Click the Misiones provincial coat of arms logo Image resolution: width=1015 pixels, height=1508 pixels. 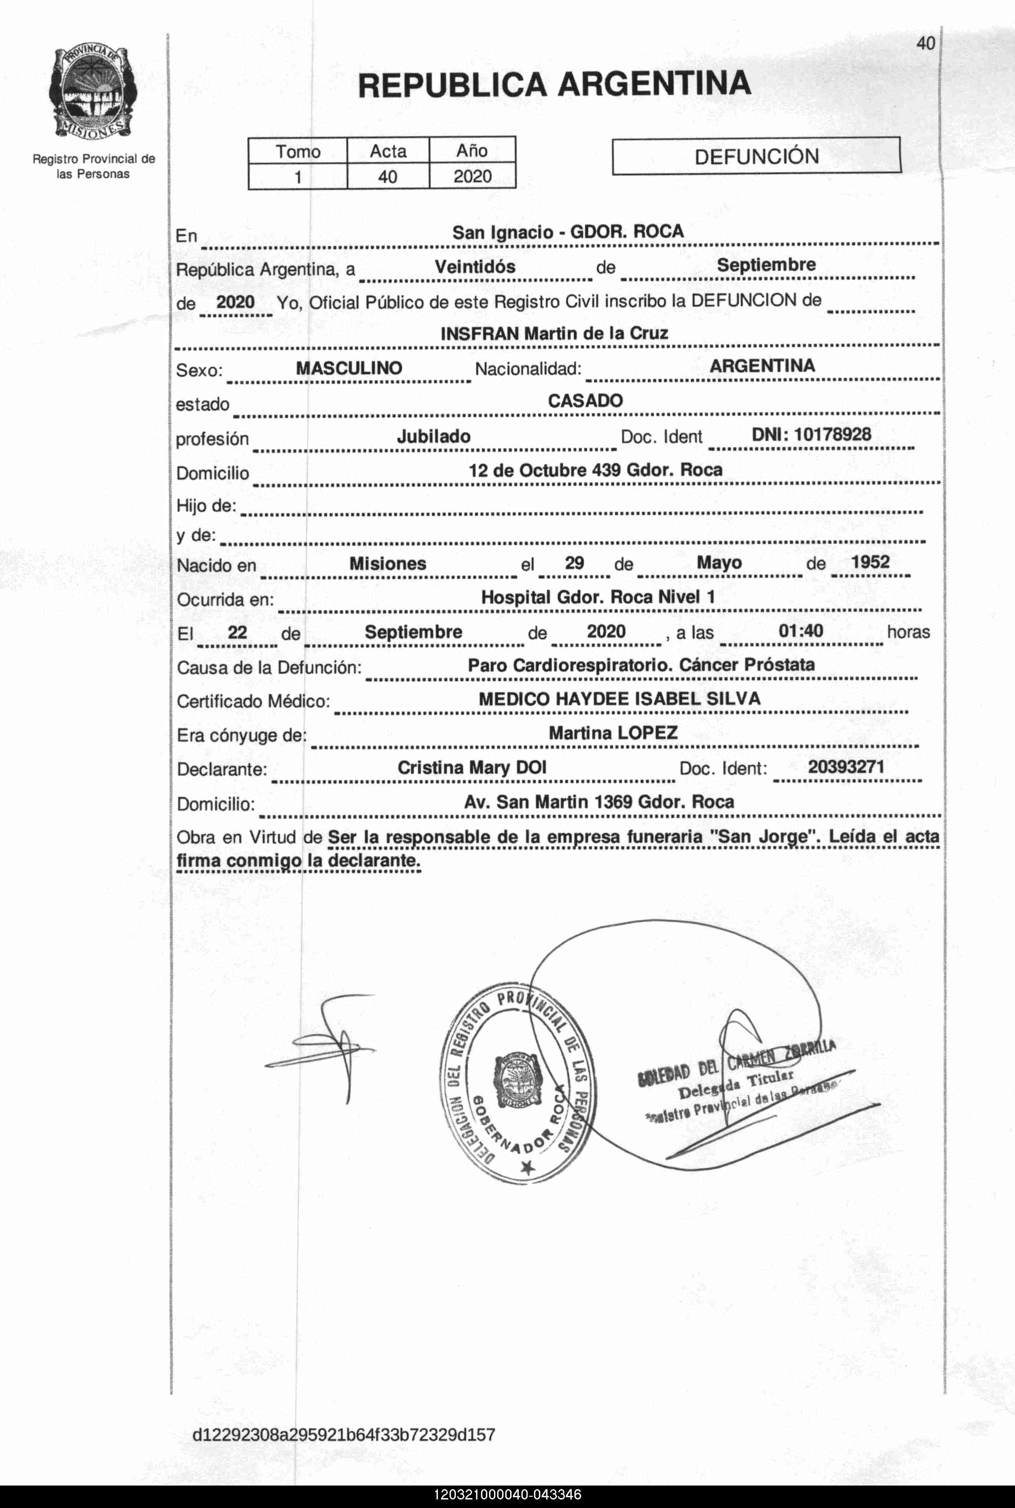pos(92,93)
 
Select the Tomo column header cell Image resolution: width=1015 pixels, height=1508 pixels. pos(298,151)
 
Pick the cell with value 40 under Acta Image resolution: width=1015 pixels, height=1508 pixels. pos(388,176)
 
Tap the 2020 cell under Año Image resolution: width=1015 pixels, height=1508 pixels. pos(472,176)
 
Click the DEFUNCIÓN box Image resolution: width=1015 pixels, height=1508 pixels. pos(756,156)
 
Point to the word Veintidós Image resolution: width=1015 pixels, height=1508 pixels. pos(475,267)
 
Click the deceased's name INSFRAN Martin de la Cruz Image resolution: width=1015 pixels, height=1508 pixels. pos(554,333)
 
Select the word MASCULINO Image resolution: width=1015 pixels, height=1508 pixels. pos(349,368)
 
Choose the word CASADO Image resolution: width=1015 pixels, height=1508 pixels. pos(585,401)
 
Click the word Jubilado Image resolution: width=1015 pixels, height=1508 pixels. pos(434,436)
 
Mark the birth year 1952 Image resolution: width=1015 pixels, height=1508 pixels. pos(871,562)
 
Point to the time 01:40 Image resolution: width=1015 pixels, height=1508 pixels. pos(801,631)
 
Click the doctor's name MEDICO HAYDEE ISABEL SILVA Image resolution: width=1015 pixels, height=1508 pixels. pos(619,699)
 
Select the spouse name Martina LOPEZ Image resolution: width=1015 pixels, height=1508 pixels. pos(613,733)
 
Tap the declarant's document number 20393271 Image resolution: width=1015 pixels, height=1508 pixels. pos(846,767)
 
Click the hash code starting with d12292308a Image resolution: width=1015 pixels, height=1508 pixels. pos(343,1434)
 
